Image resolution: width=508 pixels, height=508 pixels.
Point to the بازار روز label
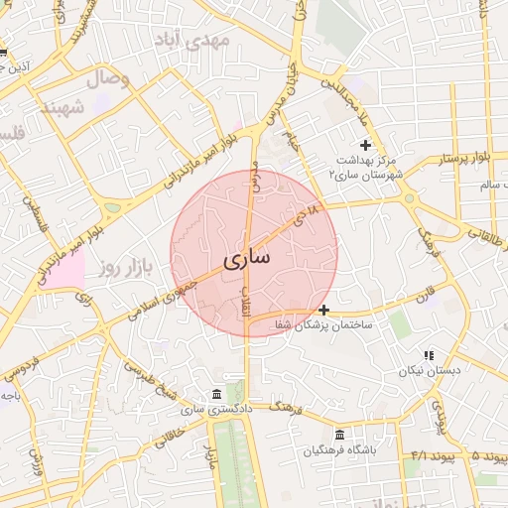(x=123, y=268)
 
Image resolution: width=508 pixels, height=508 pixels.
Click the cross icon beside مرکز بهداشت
(x=366, y=145)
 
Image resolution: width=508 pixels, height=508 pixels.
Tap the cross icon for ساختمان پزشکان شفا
(x=323, y=310)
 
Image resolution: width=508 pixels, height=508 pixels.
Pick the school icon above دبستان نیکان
(x=429, y=355)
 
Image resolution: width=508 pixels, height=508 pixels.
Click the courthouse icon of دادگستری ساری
(x=217, y=394)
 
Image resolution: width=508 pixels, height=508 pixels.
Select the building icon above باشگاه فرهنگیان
(x=340, y=436)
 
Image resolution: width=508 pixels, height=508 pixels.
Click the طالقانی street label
(x=482, y=232)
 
